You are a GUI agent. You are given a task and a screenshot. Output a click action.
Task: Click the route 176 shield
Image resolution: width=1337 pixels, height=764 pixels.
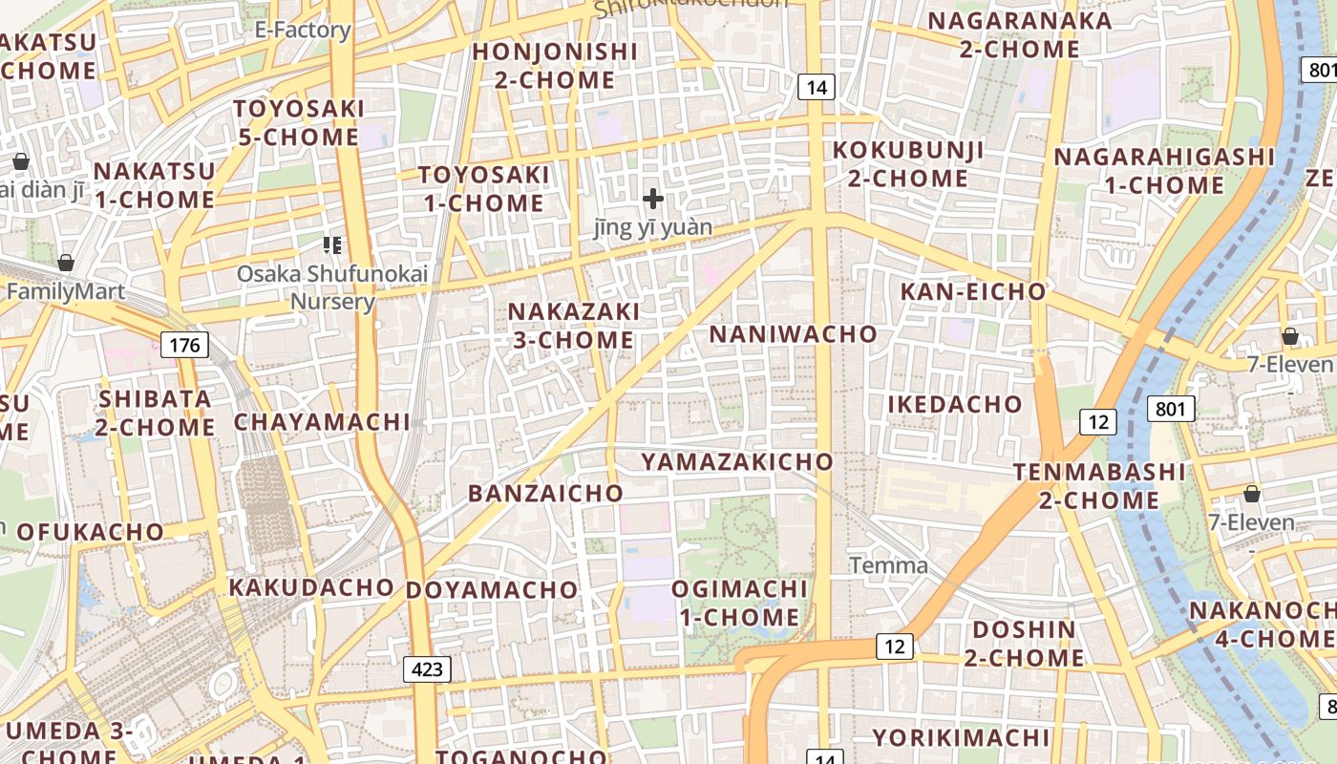(184, 344)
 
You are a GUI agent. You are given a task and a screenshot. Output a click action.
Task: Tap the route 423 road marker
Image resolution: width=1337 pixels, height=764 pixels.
(427, 668)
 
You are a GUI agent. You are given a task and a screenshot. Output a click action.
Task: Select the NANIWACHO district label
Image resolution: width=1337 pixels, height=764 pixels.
(793, 334)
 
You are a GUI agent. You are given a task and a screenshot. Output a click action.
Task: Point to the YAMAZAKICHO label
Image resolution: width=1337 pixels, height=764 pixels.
(737, 462)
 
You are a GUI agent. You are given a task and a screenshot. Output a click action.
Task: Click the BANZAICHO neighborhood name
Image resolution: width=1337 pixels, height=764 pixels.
(545, 494)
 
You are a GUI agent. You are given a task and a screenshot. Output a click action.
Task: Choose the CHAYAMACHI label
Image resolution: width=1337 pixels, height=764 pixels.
(322, 422)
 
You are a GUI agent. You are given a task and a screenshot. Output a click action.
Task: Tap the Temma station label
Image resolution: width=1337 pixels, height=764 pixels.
(888, 565)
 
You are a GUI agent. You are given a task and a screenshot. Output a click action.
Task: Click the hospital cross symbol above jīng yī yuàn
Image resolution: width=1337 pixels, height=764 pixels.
(653, 199)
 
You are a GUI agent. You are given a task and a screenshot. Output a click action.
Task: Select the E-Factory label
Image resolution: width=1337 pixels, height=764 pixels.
(303, 31)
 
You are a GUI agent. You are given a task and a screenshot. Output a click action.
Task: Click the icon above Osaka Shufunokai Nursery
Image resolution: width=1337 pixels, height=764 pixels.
(332, 245)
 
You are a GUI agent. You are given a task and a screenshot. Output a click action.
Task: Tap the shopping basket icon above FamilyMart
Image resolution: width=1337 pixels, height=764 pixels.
(66, 262)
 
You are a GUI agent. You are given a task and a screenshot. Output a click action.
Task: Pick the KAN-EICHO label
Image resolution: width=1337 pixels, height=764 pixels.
(973, 292)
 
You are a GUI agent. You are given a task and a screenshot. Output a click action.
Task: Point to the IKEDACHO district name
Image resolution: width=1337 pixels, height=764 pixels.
(955, 404)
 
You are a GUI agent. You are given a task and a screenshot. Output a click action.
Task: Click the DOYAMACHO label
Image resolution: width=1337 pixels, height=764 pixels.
(492, 590)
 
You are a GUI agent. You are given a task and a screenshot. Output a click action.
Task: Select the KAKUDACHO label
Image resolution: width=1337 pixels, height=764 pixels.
(311, 587)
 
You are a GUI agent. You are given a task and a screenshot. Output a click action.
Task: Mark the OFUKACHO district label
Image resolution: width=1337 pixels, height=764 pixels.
(91, 532)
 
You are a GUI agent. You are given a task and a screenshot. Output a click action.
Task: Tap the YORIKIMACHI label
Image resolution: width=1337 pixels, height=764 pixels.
(961, 738)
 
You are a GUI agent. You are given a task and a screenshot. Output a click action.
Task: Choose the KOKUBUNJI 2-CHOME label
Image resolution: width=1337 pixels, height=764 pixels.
(907, 164)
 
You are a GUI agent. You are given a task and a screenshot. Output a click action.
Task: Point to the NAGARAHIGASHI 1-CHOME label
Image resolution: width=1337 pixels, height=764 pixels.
(1164, 170)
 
